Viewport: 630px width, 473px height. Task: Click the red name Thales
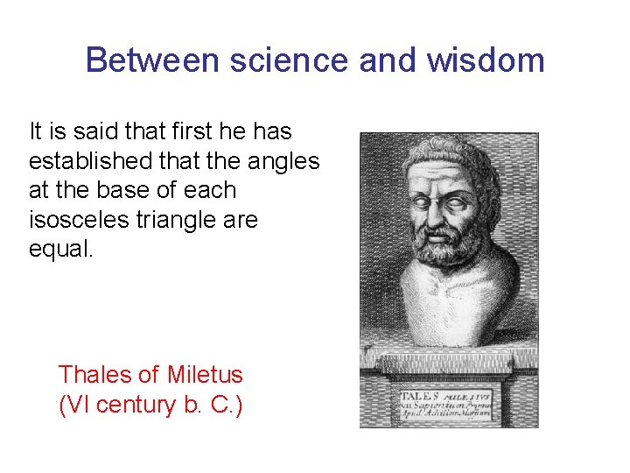pyautogui.click(x=95, y=375)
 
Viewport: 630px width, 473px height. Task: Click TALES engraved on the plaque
pyautogui.click(x=420, y=395)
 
